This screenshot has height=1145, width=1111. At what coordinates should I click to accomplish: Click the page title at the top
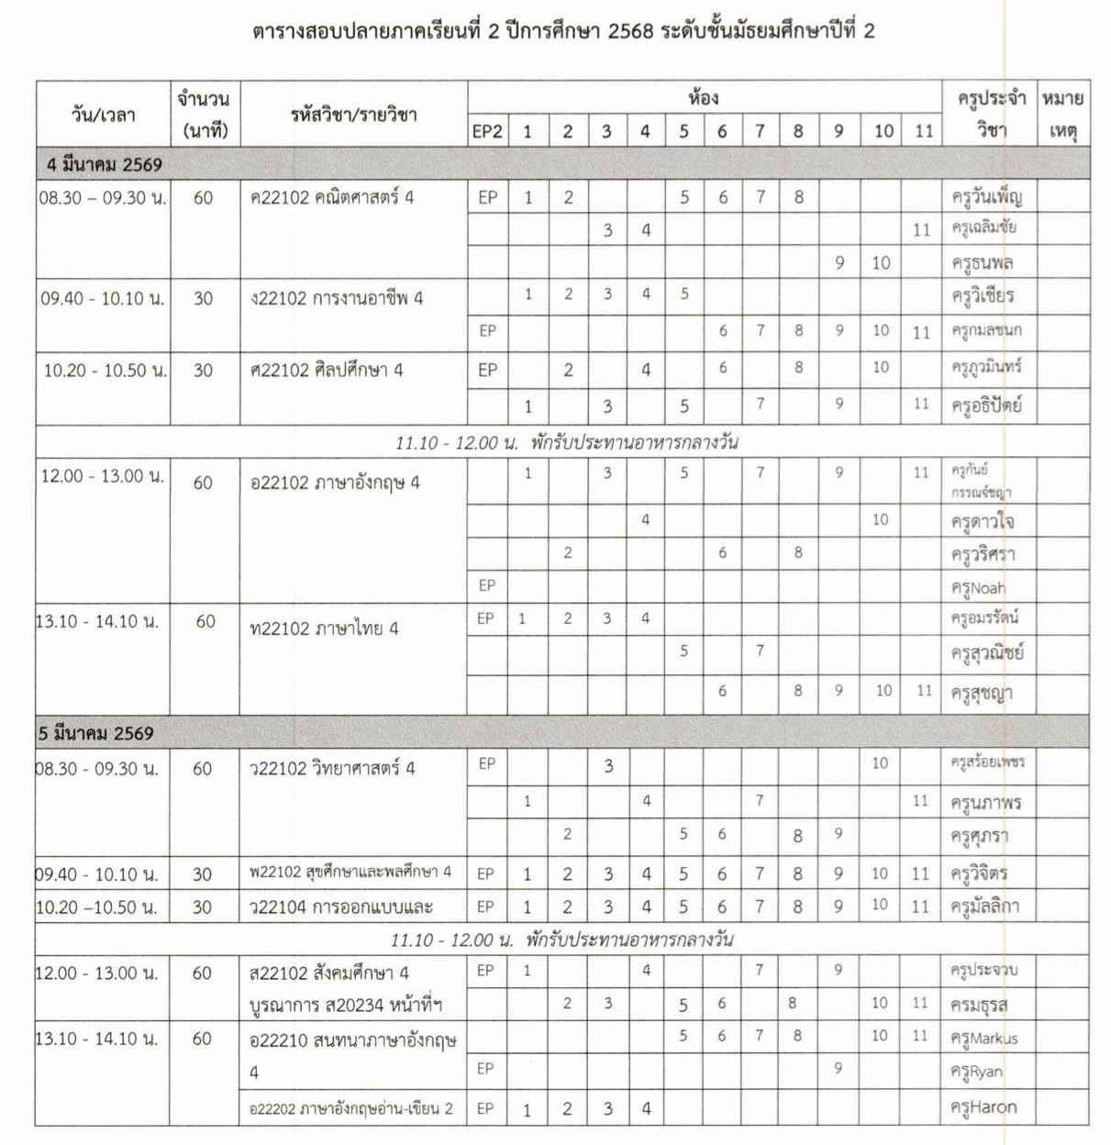(x=562, y=31)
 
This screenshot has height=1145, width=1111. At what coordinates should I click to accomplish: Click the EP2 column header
(x=487, y=131)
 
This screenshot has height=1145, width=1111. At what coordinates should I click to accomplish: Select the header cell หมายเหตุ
(x=1062, y=115)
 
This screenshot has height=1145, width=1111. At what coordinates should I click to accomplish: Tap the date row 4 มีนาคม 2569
(x=105, y=165)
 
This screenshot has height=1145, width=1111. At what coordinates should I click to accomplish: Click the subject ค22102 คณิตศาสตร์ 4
(x=331, y=197)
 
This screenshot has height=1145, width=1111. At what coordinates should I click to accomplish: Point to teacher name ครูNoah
(x=978, y=588)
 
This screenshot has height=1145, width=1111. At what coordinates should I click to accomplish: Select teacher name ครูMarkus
(x=984, y=1039)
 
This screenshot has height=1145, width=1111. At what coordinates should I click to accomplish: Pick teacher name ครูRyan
(x=976, y=1072)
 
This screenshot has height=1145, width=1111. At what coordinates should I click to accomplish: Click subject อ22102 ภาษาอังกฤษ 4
(x=335, y=483)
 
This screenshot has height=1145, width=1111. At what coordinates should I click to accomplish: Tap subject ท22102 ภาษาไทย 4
(x=324, y=629)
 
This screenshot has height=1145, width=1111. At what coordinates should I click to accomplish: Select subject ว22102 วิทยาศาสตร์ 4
(x=332, y=769)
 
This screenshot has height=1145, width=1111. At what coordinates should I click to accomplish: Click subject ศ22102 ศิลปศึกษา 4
(x=327, y=371)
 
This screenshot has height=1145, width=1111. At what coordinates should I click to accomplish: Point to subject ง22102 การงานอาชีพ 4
(x=337, y=298)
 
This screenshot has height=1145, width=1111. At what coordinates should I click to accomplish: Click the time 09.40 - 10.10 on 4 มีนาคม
(x=103, y=298)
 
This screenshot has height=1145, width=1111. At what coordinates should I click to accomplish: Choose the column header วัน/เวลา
(x=103, y=115)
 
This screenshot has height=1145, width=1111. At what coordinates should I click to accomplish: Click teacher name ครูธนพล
(x=982, y=263)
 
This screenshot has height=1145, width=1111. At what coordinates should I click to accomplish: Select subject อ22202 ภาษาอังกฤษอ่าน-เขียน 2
(x=351, y=1108)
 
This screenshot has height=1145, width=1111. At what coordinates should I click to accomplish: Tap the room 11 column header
(x=922, y=131)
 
